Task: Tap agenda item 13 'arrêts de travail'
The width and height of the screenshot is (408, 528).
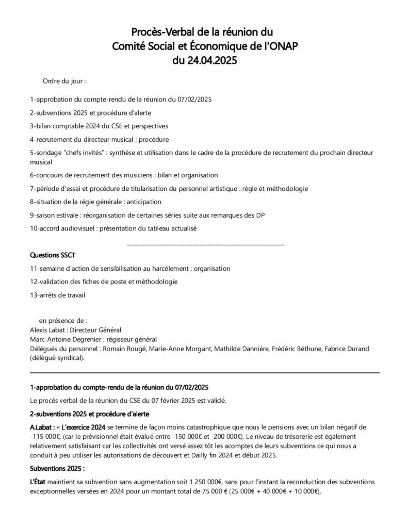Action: [x=58, y=295]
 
